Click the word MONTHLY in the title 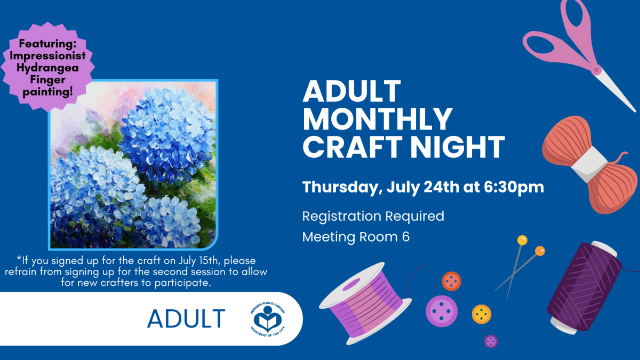click(x=378, y=119)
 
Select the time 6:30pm click(x=514, y=187)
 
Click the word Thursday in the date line click(x=342, y=188)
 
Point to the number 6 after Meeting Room click(x=406, y=237)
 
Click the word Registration click(x=342, y=217)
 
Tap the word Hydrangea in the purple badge click(x=47, y=68)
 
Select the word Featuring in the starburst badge click(x=47, y=43)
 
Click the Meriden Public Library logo click(x=268, y=319)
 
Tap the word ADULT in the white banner click(x=186, y=318)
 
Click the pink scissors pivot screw click(x=596, y=69)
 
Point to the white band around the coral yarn click(x=589, y=164)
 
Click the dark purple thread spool click(x=585, y=287)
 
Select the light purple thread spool click(x=365, y=303)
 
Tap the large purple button click(x=442, y=311)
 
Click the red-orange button click(x=451, y=281)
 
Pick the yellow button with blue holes click(x=482, y=314)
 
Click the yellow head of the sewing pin click(x=522, y=241)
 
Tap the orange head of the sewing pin click(x=540, y=251)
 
